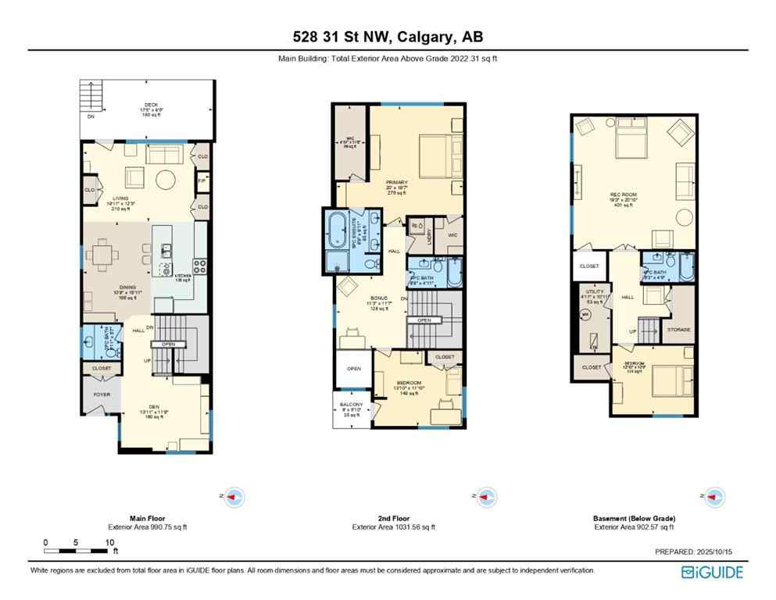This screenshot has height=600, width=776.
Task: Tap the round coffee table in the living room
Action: pyautogui.click(x=166, y=176)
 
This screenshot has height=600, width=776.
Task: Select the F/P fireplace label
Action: pyautogui.click(x=202, y=180)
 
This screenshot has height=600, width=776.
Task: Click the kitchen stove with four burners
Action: pyautogui.click(x=200, y=266)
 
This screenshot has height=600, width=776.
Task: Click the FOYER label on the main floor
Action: pyautogui.click(x=102, y=395)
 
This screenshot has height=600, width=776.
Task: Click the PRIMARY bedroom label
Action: pyautogui.click(x=396, y=182)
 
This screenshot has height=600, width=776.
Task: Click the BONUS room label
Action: pyautogui.click(x=378, y=298)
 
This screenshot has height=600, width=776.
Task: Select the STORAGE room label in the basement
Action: pyautogui.click(x=678, y=330)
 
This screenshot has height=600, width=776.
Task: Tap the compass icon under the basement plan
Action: pyautogui.click(x=713, y=495)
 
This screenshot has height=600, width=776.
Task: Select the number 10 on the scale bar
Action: pyautogui.click(x=109, y=541)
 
